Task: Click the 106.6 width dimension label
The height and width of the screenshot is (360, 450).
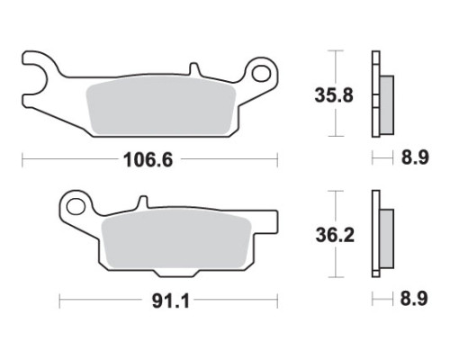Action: click(x=148, y=160)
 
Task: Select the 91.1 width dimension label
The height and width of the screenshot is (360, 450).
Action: click(x=171, y=301)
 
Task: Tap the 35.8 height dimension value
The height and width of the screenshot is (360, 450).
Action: click(x=334, y=95)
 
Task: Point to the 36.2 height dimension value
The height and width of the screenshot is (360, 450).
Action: click(x=335, y=235)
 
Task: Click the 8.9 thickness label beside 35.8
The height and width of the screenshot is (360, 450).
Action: click(x=415, y=157)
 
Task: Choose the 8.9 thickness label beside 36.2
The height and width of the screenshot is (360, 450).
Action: click(x=414, y=299)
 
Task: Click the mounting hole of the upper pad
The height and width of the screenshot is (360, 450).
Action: click(x=261, y=73)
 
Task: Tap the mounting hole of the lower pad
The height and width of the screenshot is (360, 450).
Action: click(x=76, y=207)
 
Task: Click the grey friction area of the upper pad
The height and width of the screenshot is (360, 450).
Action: click(x=161, y=105)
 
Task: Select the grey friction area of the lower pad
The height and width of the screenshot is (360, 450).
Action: click(x=176, y=239)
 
